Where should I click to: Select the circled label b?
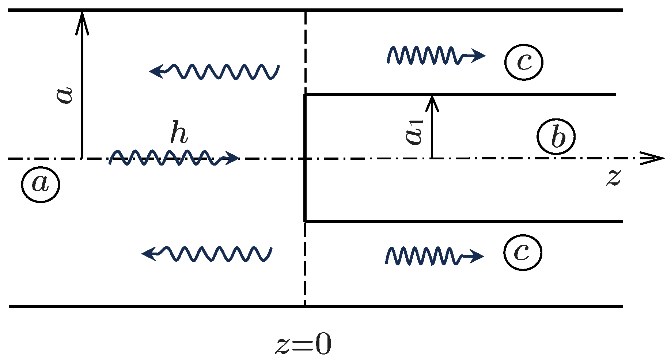coord(556,137)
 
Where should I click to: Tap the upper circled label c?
coord(524,62)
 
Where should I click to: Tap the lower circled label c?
coord(522,252)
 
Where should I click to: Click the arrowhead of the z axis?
coord(654,159)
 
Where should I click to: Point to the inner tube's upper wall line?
coord(460,95)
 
